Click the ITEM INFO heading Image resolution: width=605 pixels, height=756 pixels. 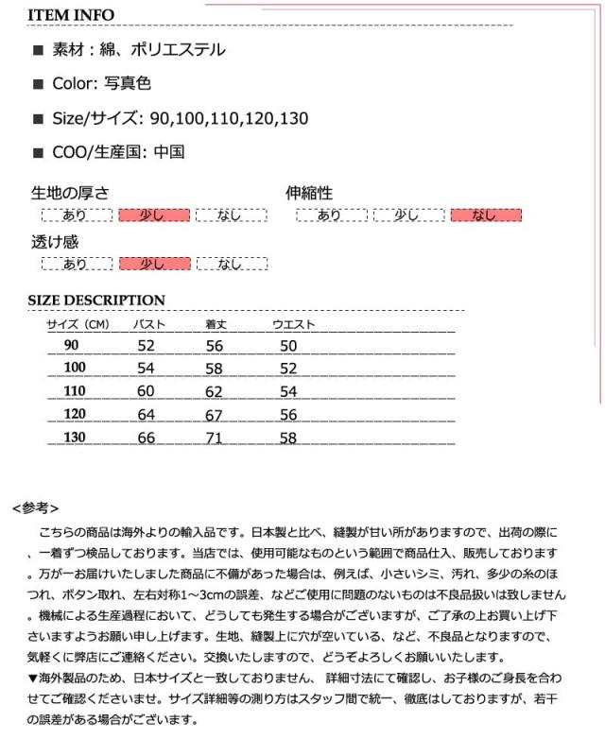click(71, 15)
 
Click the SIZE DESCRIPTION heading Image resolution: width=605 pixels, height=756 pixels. click(96, 301)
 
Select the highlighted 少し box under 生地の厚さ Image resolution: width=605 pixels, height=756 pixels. click(153, 215)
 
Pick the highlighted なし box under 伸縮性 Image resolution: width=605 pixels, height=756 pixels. click(486, 215)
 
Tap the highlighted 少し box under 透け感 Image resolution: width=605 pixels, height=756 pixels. click(153, 265)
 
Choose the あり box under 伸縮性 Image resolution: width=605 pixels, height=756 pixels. click(331, 215)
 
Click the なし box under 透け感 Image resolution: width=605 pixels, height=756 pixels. click(231, 265)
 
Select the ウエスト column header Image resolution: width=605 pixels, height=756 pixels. click(293, 325)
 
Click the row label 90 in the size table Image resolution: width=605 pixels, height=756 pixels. click(72, 346)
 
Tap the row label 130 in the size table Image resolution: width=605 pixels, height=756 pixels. click(75, 438)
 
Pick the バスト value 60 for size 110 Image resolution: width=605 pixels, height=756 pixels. click(146, 391)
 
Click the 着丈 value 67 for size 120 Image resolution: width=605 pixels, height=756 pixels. click(215, 415)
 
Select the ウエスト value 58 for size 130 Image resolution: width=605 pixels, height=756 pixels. click(288, 438)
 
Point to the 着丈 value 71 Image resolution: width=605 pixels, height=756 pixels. click(215, 438)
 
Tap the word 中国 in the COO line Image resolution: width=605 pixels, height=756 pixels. click(168, 151)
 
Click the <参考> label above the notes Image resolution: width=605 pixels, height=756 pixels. click(37, 507)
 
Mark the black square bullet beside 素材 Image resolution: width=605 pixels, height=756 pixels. click(39, 51)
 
